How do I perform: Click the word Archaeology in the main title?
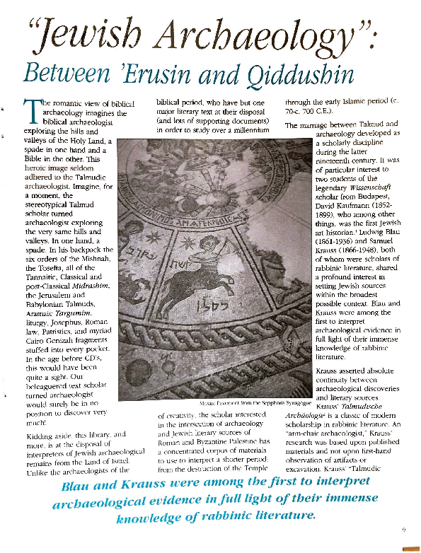[272, 34]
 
